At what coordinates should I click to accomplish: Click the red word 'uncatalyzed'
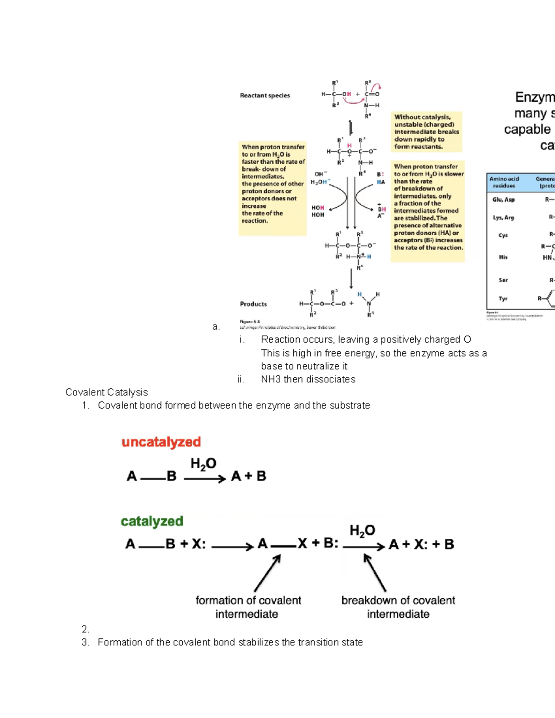[161, 442]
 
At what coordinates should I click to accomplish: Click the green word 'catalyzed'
[152, 522]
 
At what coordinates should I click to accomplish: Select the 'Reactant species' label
[265, 96]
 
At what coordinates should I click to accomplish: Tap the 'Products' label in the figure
[253, 304]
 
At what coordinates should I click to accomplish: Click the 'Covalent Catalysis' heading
[106, 393]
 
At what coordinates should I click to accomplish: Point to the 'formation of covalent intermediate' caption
[248, 607]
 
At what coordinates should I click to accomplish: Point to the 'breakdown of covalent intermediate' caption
[398, 607]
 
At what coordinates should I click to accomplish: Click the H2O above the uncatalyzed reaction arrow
[203, 463]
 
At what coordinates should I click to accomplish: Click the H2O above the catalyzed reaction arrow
[362, 531]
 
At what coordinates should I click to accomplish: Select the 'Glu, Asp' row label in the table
[503, 200]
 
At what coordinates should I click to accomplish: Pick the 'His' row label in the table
[503, 257]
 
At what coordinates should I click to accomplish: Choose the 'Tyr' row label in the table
[503, 299]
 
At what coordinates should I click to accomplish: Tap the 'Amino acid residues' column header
[504, 182]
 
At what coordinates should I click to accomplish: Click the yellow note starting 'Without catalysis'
[426, 132]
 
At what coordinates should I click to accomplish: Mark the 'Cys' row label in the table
[503, 235]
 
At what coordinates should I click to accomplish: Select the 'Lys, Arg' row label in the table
[503, 217]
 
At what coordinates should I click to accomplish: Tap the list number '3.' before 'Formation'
[85, 643]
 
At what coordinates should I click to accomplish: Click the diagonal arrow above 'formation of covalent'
[267, 573]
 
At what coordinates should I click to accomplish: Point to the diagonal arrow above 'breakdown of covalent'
[375, 573]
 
